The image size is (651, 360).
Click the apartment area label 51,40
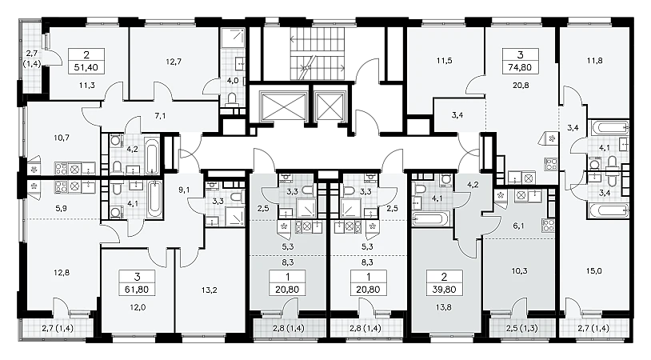point(86,67)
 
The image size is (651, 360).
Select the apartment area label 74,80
point(520,67)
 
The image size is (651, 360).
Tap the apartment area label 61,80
point(138,290)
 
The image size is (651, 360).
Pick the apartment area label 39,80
point(444,290)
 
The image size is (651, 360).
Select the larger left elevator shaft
point(282,106)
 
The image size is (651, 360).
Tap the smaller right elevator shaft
point(330,106)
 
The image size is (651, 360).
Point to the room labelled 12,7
point(174,62)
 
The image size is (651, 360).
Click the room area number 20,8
point(521,86)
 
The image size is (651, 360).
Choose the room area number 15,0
point(593,271)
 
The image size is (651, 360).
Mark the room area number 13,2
point(209,290)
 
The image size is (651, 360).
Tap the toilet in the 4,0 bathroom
point(232,99)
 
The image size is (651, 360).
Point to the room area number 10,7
point(62,138)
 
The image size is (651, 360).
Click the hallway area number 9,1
point(184,190)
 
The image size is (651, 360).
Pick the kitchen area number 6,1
point(519,225)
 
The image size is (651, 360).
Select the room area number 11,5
point(444,61)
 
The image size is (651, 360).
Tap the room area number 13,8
point(444,308)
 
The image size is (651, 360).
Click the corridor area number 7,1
point(160,116)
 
